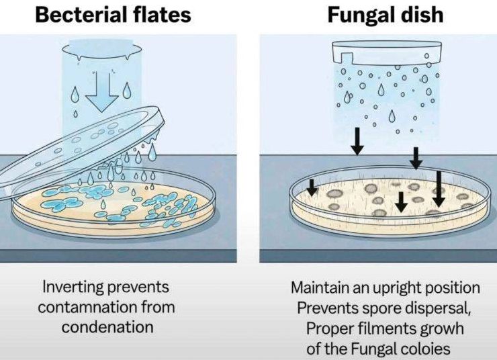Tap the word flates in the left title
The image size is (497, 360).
click(x=161, y=15)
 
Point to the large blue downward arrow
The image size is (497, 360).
click(x=102, y=93)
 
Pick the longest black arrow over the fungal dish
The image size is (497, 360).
click(x=439, y=189)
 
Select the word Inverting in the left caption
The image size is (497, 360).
click(x=73, y=287)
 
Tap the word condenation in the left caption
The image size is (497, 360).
click(x=107, y=327)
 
